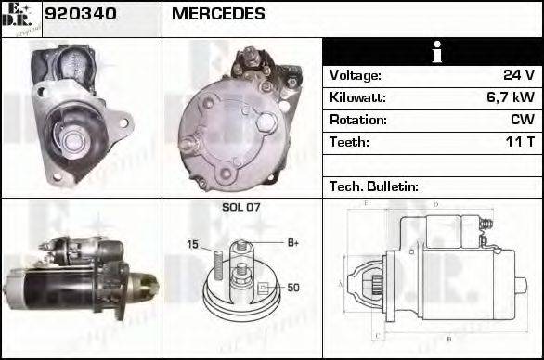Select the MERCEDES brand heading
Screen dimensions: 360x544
[x=218, y=14]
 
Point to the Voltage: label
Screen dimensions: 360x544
[x=355, y=75]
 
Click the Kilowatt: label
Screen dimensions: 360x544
[x=357, y=97]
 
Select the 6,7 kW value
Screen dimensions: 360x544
[x=510, y=97]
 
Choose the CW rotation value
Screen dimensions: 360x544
[x=522, y=120]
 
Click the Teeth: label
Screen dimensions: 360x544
[x=349, y=142]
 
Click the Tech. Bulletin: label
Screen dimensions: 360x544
[x=374, y=186]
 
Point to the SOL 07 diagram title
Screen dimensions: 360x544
[x=240, y=207]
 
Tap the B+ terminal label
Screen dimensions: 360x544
[x=292, y=243]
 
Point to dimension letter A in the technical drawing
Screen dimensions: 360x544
[x=341, y=282]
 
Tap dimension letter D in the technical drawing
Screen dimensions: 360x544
[x=434, y=203]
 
